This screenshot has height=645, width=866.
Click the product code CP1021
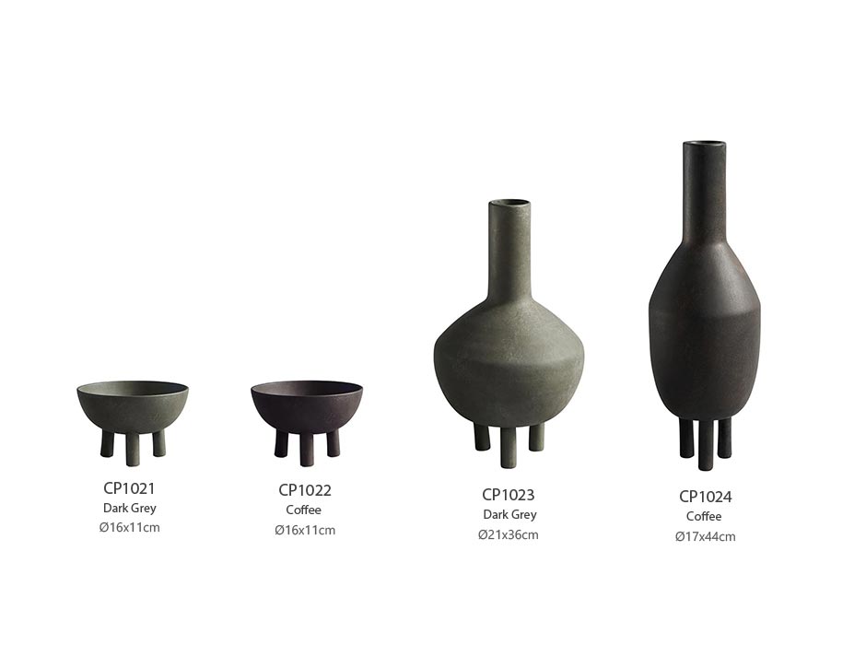(x=129, y=488)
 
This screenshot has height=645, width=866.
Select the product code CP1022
(x=305, y=490)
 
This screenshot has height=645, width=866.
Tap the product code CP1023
(x=509, y=494)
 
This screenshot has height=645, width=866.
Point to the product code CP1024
(x=706, y=497)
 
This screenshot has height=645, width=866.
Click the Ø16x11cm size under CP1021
(x=130, y=527)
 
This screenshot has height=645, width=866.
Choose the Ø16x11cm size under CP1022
(x=305, y=530)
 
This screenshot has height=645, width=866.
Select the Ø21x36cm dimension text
(x=509, y=534)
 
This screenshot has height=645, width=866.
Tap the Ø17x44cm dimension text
(x=706, y=536)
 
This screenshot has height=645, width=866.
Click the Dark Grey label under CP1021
(x=130, y=508)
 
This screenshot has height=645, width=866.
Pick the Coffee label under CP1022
(x=304, y=510)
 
